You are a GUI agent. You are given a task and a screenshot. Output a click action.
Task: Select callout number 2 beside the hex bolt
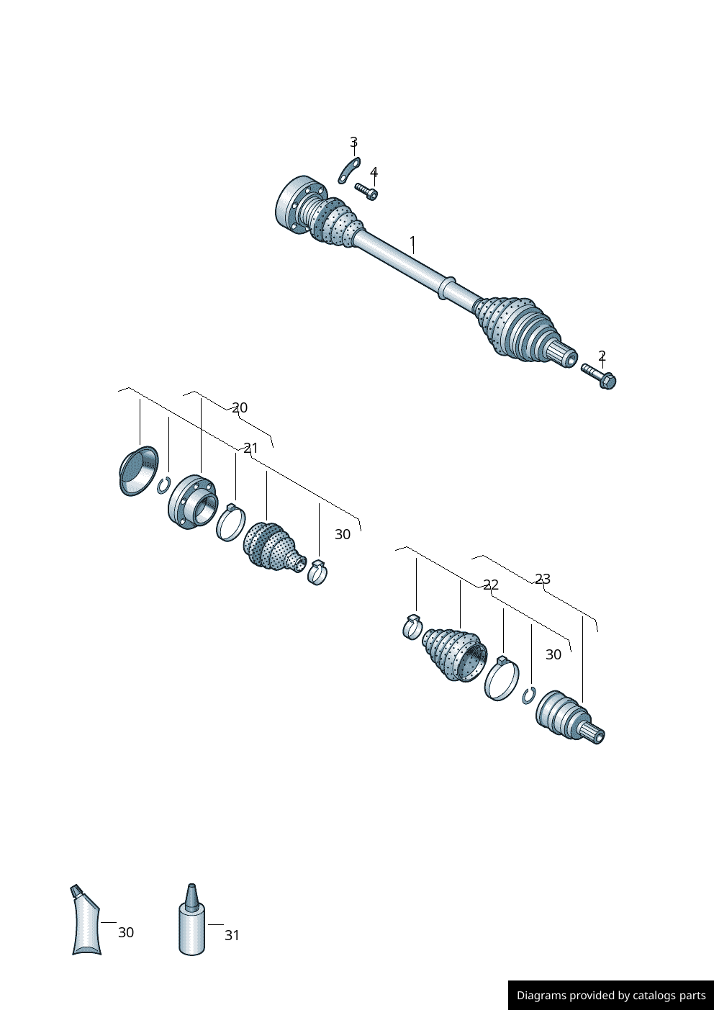click(602, 356)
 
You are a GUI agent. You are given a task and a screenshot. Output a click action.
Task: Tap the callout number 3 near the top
click(353, 143)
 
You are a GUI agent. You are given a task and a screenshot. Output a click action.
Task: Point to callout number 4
click(374, 173)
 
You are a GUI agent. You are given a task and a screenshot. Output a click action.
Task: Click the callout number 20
click(240, 407)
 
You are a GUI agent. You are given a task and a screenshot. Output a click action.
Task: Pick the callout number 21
click(250, 448)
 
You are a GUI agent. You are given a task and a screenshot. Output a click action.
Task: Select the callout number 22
click(491, 585)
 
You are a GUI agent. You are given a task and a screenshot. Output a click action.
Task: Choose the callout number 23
click(543, 579)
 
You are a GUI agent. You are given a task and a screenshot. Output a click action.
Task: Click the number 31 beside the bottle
click(232, 935)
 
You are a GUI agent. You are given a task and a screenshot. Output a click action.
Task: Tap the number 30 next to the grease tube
click(126, 932)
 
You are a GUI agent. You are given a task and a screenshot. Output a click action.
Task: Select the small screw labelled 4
click(366, 191)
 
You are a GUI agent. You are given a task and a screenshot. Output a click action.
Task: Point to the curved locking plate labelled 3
click(349, 170)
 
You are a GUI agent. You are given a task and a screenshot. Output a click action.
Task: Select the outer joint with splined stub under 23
click(569, 718)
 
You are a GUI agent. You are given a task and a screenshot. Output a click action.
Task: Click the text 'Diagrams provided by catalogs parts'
click(611, 996)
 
